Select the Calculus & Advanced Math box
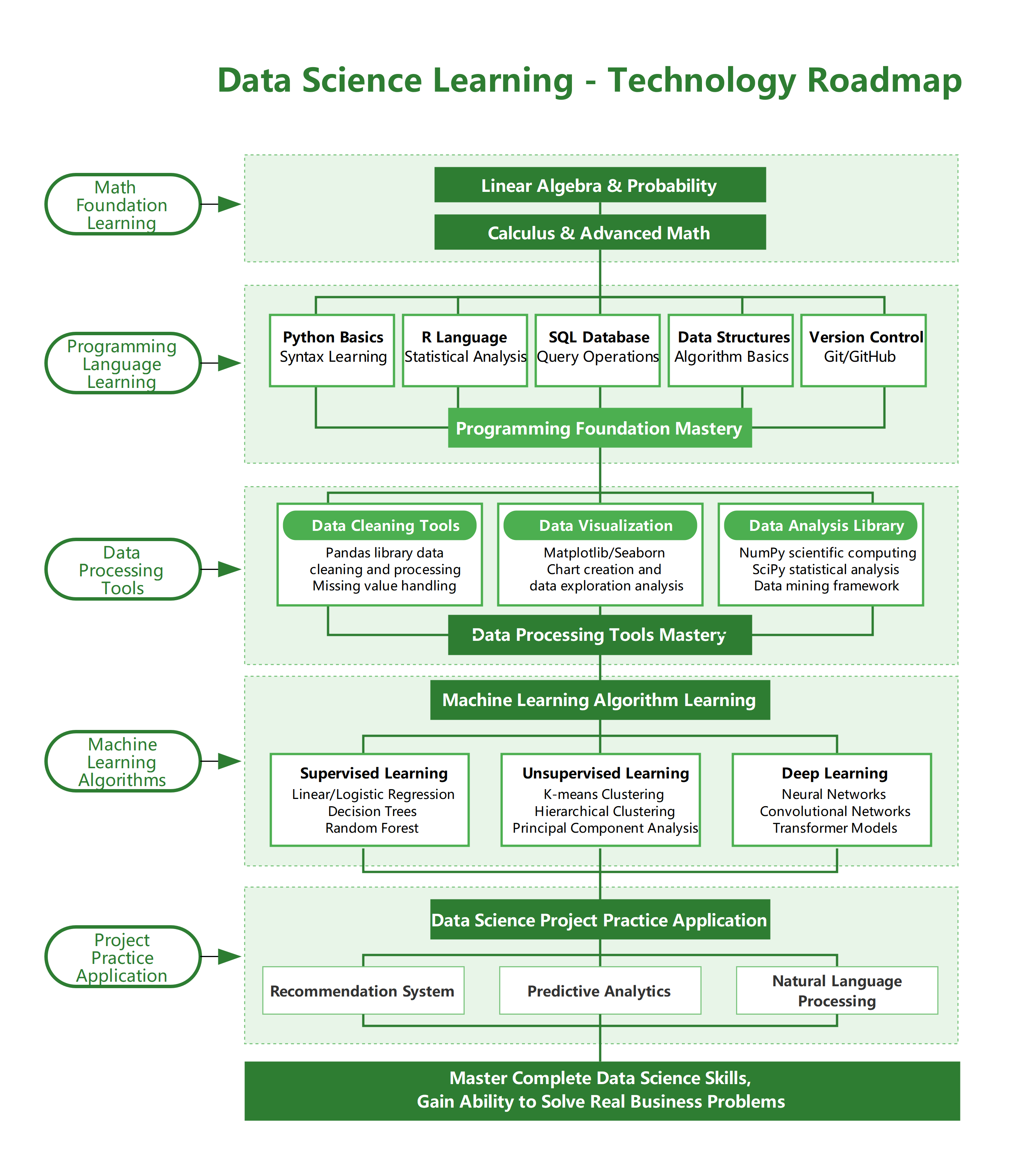600,232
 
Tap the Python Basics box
332,351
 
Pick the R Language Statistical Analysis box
465,351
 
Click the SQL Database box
598,351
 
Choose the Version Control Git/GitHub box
863,351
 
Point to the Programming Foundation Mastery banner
600,428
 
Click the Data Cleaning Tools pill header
379,526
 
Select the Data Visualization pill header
600,526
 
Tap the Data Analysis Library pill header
821,526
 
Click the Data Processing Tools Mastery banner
600,635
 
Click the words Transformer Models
835,828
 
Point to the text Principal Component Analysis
605,828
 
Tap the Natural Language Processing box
837,991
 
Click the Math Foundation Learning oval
123,204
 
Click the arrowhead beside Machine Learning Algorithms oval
229,761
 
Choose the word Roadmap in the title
884,80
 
